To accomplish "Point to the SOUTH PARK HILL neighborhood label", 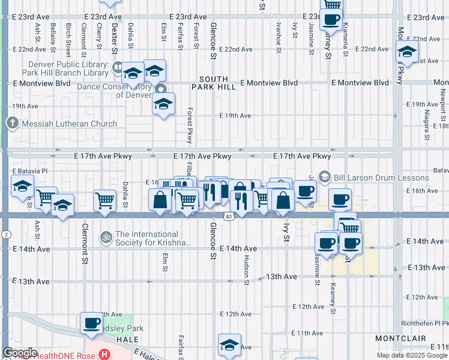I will (214, 83).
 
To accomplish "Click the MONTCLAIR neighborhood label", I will (402, 339).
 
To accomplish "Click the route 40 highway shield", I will (229, 216).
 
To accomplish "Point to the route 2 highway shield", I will (4, 233).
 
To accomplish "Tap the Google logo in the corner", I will (20, 353).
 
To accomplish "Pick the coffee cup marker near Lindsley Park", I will (92, 323).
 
